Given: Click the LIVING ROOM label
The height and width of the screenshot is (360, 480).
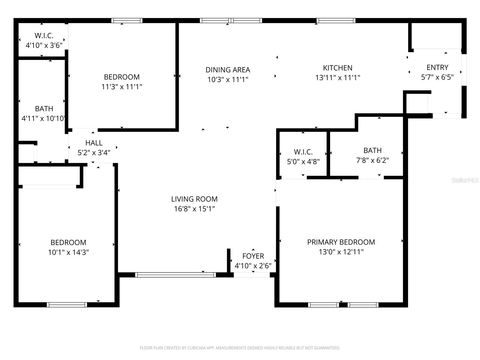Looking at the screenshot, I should coord(194,199).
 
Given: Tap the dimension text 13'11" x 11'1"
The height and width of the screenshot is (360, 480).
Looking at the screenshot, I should coord(337,78).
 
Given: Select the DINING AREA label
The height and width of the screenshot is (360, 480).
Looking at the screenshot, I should coord(228,70).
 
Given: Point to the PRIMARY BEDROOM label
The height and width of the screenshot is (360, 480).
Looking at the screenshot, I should coord(341,242).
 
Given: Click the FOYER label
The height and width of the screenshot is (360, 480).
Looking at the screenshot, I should coord(253,256).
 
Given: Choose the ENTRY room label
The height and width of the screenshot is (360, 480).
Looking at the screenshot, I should coord(437,67).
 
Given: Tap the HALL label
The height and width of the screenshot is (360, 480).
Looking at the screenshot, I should coord(94,143).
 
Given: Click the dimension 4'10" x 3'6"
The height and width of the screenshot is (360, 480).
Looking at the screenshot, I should coord(44,46).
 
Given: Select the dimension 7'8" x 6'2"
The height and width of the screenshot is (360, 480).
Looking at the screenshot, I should coord(372,160).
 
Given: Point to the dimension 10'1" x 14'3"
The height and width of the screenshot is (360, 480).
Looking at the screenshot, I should coord(68,252).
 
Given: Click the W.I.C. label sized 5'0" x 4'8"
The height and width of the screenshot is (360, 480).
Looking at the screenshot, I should coord(303,152).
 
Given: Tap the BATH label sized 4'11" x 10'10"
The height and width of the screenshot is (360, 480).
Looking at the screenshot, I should coord(44,109).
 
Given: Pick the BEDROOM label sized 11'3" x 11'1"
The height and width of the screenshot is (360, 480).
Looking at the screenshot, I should coord(121,77).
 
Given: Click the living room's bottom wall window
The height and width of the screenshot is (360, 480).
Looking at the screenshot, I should coord(175,274).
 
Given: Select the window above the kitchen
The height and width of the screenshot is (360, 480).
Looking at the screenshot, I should coord(336,21).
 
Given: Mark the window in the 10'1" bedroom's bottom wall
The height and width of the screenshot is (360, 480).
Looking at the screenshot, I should coord(67,305).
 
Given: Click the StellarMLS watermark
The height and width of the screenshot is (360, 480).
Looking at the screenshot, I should coord(465,180).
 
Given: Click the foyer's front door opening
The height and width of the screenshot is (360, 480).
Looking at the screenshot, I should coord(251,275).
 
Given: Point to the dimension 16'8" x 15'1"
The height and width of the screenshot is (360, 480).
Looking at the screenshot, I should coord(194,209).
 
